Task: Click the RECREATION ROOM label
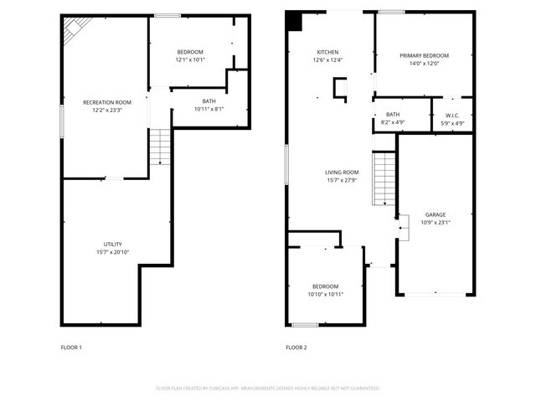[x=106, y=102]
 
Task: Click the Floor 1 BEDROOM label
[x=190, y=52]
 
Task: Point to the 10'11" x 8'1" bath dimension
[x=209, y=108]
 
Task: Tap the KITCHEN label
[x=327, y=51]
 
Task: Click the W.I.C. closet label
[x=452, y=116]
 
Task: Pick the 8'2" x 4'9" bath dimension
[x=393, y=123]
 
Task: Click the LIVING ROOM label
[x=342, y=173]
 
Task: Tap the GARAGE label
[x=435, y=214]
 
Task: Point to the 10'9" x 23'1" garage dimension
[x=435, y=223]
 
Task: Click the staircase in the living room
[x=384, y=178]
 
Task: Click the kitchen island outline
[x=341, y=89]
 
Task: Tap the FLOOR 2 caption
[x=296, y=348]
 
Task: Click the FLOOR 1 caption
[x=71, y=348]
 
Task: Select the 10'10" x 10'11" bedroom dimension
[x=325, y=294]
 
